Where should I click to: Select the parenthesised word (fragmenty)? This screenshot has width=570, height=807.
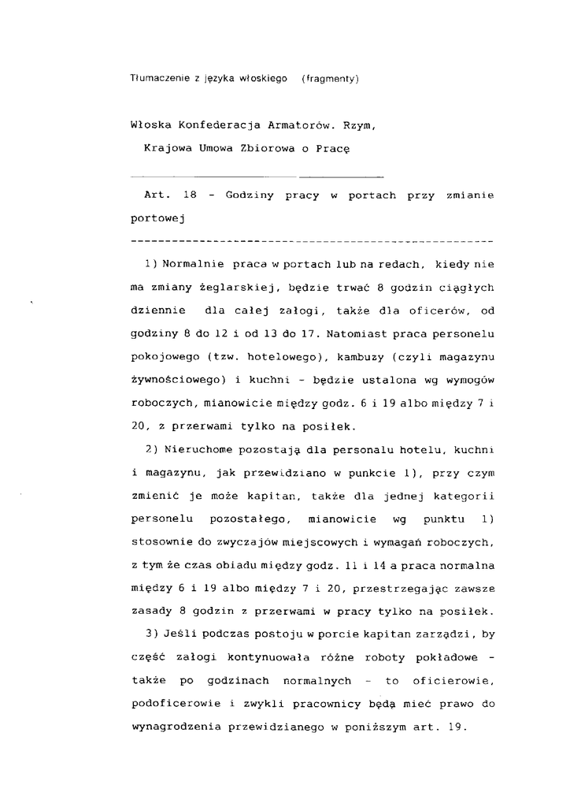tap(330, 79)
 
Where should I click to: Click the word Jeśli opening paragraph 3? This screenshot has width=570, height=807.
tap(179, 634)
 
